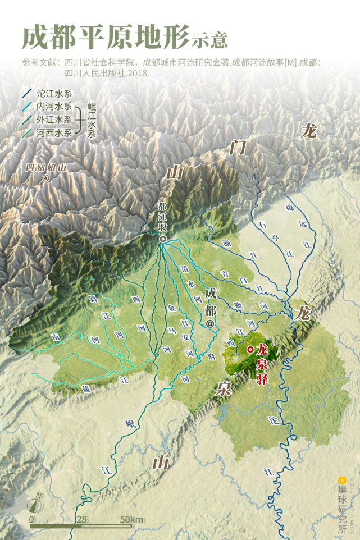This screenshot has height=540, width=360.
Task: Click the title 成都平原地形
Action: pos(106,37)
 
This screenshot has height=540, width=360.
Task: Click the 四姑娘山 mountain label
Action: pos(47,167)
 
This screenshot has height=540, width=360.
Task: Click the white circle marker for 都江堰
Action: pos(162,239)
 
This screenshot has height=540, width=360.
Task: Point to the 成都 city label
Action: pos(210,301)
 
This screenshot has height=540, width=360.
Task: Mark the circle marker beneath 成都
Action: pos(210,324)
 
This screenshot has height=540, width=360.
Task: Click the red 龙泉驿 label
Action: pos(262,364)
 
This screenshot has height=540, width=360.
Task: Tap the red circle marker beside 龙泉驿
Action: pos(250,349)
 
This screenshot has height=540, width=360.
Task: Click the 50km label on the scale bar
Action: pos(131,519)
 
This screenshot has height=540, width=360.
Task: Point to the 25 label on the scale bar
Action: pos(82,519)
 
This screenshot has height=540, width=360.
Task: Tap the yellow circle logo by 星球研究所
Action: pos(341,480)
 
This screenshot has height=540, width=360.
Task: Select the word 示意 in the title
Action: pos(209,40)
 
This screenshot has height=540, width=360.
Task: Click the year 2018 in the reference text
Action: pos(138,72)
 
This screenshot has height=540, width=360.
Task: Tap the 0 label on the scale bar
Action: pos(31,519)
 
